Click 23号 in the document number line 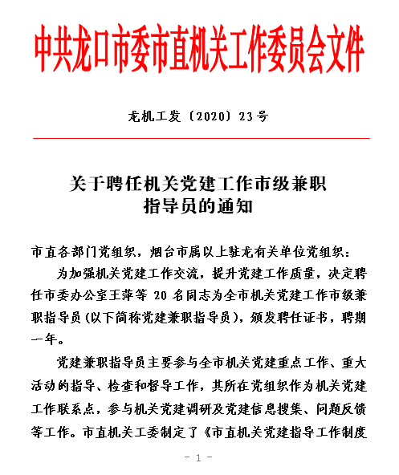click(254, 116)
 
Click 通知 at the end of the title click(240, 206)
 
